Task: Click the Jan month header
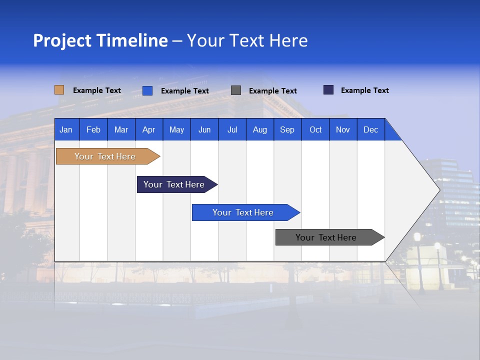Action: (x=66, y=130)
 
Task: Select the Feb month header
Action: (x=93, y=130)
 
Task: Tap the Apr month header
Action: (x=148, y=130)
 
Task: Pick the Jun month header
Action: (x=204, y=130)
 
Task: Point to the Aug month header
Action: (x=259, y=130)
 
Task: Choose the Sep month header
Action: (x=287, y=130)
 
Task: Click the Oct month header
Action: (x=315, y=130)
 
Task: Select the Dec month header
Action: (x=370, y=130)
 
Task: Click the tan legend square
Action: (x=59, y=90)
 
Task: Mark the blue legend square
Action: (x=147, y=90)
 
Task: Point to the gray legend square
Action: (x=236, y=90)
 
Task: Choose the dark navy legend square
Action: (x=328, y=90)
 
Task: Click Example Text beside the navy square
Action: (x=364, y=90)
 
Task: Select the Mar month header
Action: (x=121, y=130)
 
